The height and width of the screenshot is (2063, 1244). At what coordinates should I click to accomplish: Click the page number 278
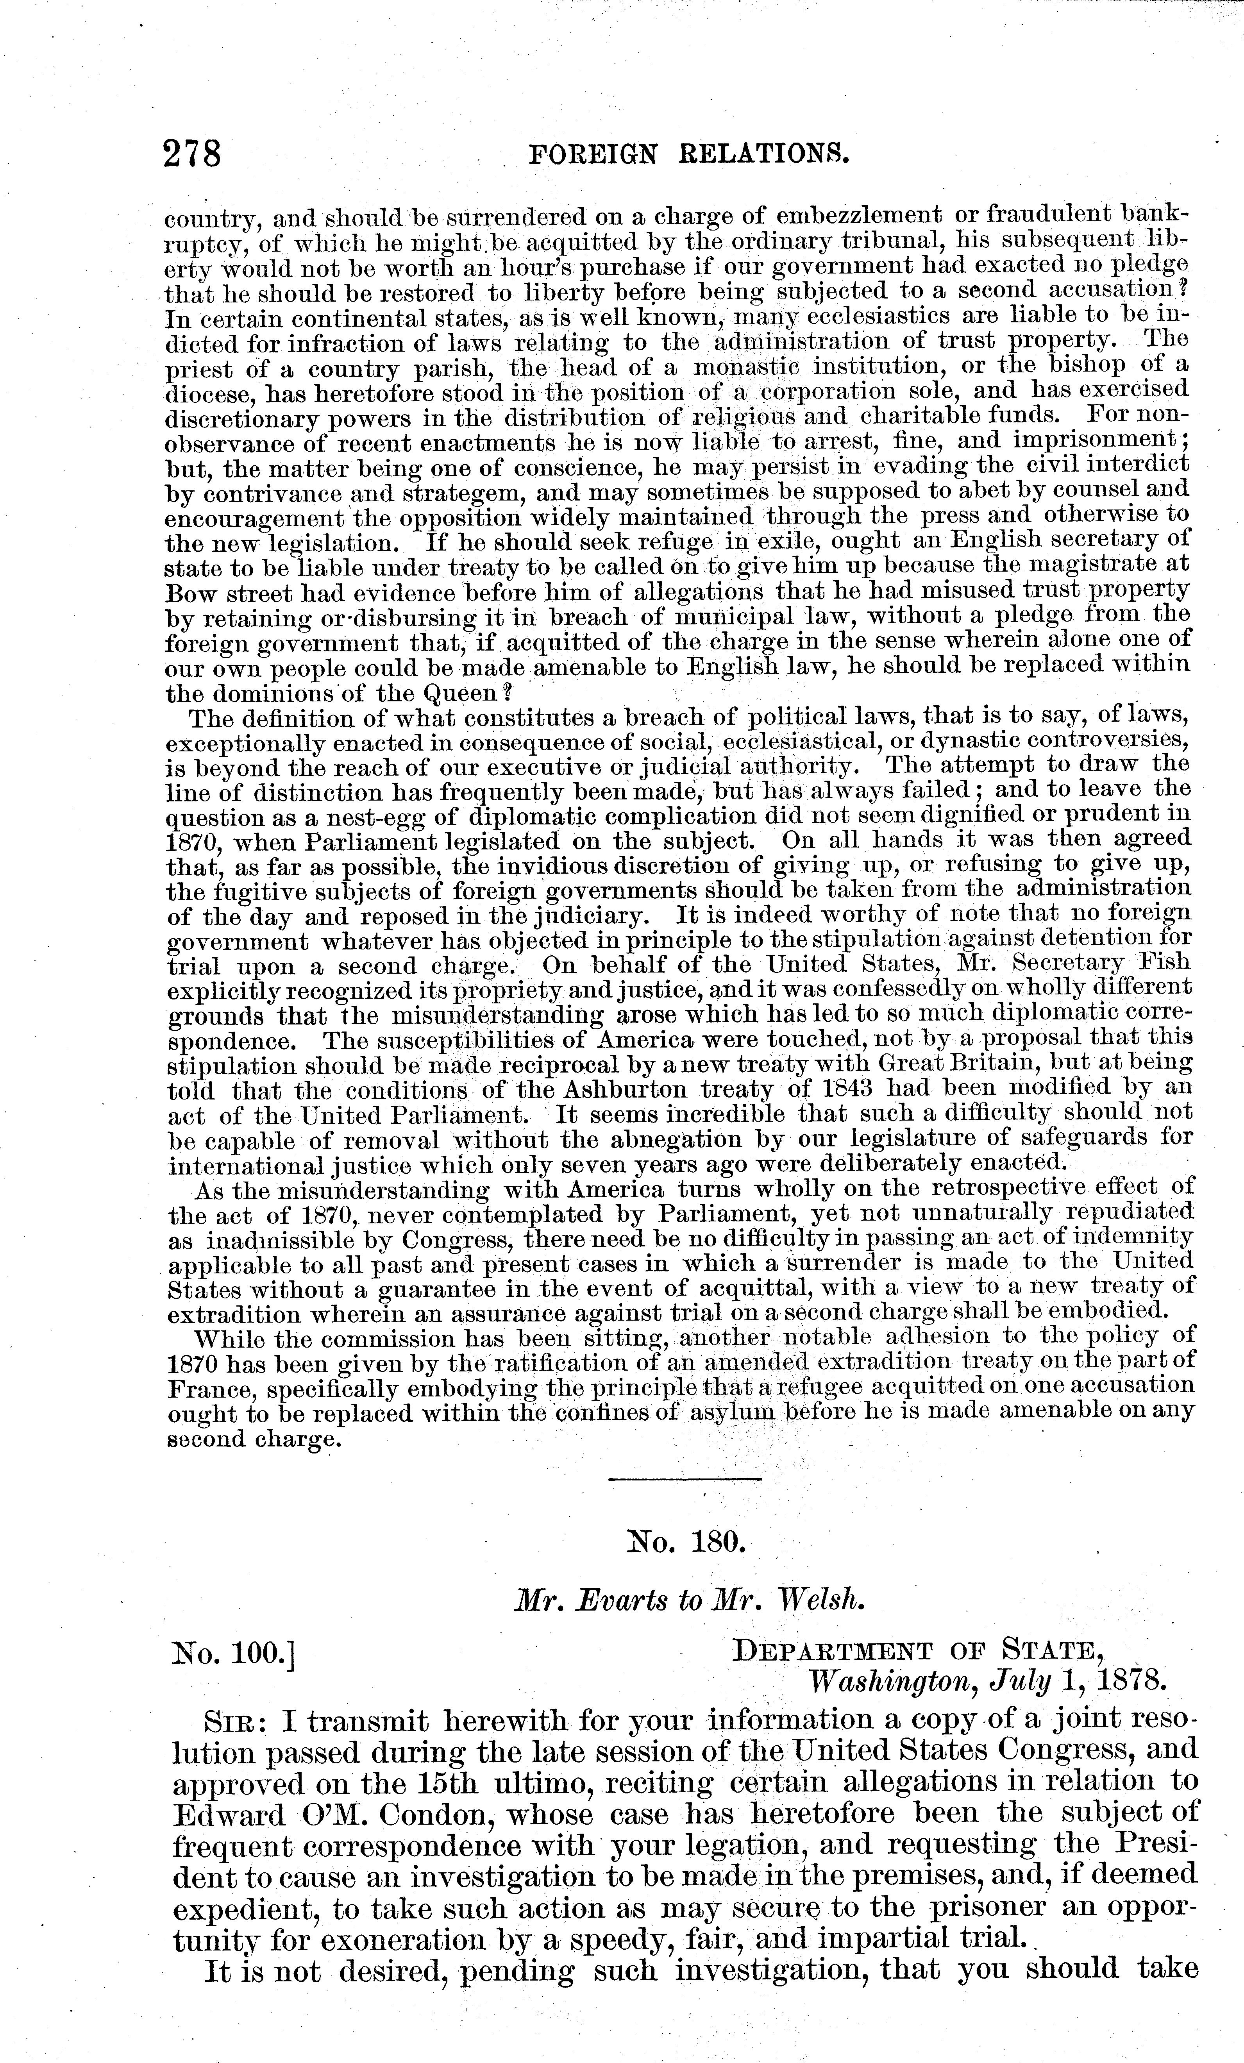(193, 155)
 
